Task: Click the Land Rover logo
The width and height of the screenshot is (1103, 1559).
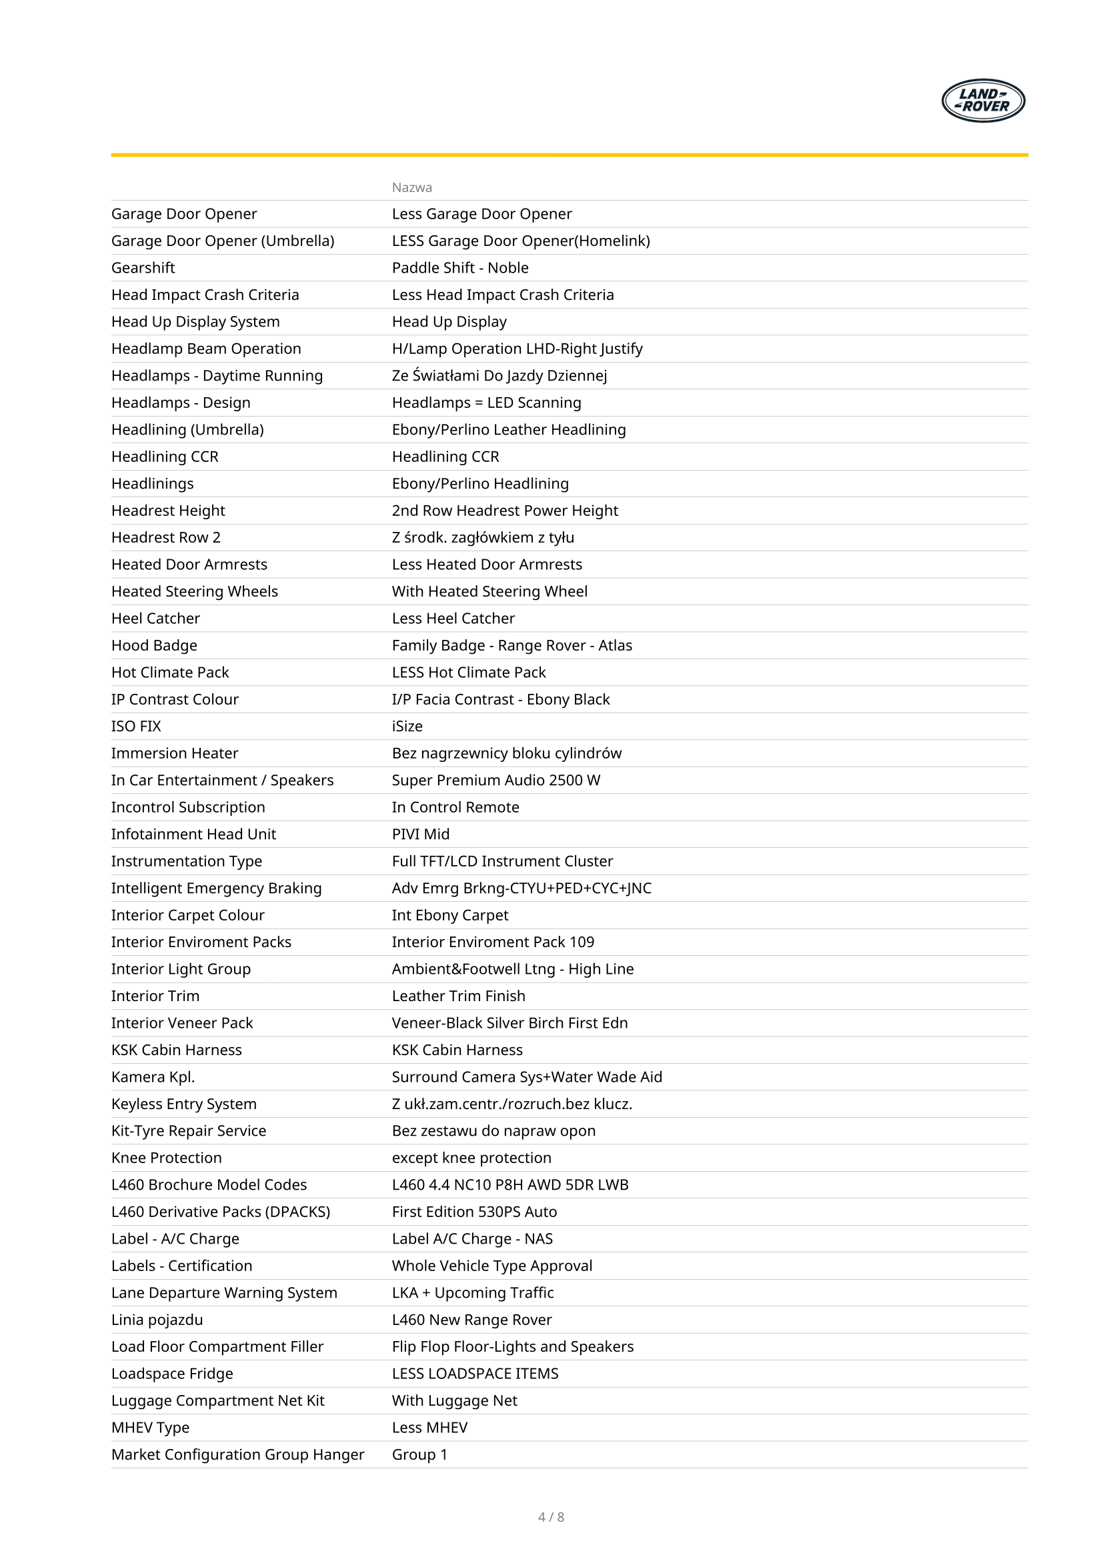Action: (x=983, y=101)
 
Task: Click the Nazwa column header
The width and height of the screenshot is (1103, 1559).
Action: (x=411, y=187)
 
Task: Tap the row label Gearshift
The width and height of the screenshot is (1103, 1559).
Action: (x=143, y=267)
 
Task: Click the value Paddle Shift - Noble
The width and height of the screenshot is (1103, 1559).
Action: (x=460, y=267)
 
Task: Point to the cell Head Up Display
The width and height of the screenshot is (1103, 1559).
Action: (x=449, y=322)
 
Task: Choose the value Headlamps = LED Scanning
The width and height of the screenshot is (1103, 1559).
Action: (x=486, y=403)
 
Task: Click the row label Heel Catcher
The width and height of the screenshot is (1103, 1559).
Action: (x=155, y=619)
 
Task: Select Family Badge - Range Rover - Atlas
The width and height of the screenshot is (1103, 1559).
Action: (x=511, y=645)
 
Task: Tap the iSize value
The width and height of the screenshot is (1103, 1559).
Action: (x=407, y=727)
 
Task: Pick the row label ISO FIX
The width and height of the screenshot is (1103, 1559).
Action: (x=136, y=727)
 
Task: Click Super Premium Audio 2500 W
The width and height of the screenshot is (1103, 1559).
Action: (x=495, y=780)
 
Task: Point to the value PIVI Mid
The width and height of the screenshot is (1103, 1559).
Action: (x=420, y=834)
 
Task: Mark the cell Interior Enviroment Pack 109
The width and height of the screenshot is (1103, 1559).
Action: (x=492, y=942)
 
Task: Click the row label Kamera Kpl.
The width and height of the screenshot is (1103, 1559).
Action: (x=153, y=1077)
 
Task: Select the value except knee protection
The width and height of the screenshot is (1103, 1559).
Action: (x=471, y=1158)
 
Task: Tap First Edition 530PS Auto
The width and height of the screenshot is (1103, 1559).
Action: (x=474, y=1212)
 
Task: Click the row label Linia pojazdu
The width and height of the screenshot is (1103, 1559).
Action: (x=157, y=1320)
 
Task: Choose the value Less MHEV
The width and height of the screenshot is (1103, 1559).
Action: (x=429, y=1428)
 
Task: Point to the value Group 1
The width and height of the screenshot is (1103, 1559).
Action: (x=419, y=1454)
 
